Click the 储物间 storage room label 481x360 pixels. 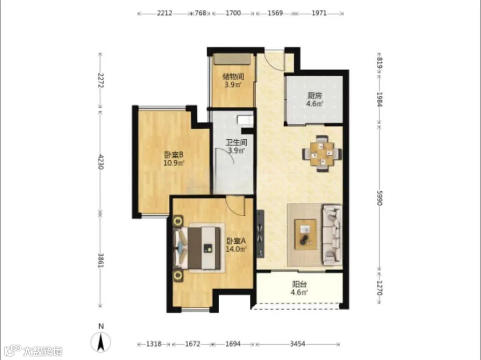click(x=233, y=76)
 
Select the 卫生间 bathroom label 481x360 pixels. click(x=236, y=142)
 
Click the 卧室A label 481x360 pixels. click(x=236, y=241)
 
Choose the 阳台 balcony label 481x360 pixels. click(x=299, y=285)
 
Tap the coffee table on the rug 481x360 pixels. click(x=305, y=234)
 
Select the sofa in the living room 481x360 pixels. click(x=332, y=235)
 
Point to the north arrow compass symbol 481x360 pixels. click(x=101, y=342)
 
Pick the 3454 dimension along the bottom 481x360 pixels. click(x=298, y=344)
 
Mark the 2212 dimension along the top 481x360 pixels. click(x=164, y=13)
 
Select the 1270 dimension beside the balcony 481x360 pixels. click(x=379, y=288)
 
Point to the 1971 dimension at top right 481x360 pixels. click(x=319, y=13)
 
